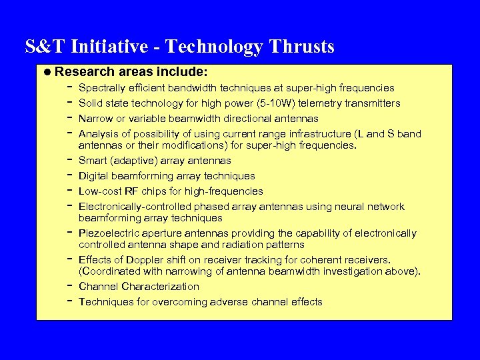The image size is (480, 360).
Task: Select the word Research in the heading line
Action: tap(81, 71)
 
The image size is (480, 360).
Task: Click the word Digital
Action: tap(94, 176)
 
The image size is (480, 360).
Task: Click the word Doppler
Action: tap(143, 260)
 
